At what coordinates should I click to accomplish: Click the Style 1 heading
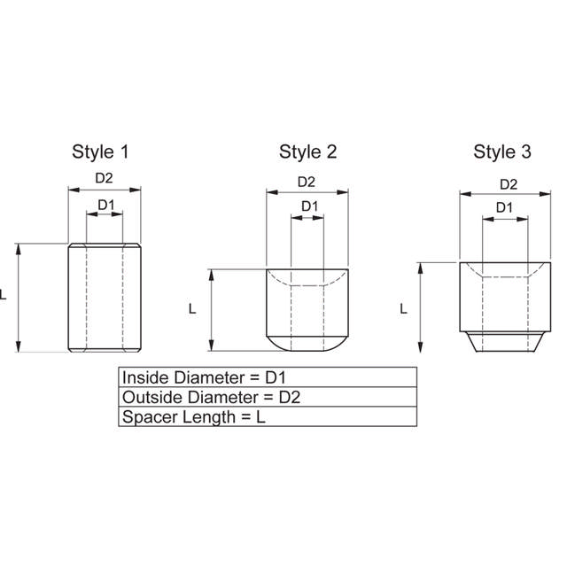coord(100,152)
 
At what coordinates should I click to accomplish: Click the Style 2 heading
coord(307,152)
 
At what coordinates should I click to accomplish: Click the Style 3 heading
coord(502,151)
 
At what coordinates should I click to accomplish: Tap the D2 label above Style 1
coord(105,178)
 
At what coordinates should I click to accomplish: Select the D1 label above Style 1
coord(106,205)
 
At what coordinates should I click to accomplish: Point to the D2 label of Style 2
coord(307,182)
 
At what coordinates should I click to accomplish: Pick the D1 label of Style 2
coord(310,206)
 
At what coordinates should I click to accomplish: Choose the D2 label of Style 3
coord(509,184)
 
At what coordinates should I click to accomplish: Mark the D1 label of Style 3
coord(504,207)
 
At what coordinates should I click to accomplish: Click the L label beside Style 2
coord(192,309)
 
